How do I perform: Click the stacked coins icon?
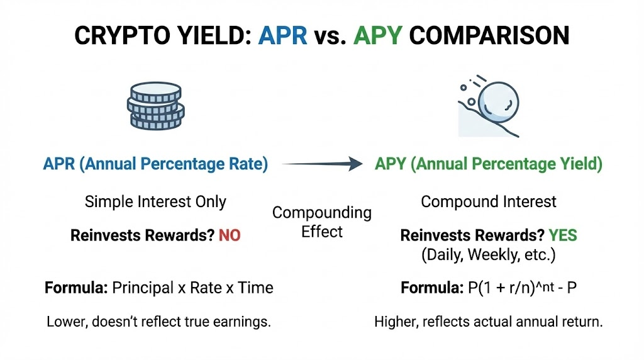(x=155, y=105)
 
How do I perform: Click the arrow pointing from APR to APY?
(x=322, y=164)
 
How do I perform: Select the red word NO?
(x=230, y=236)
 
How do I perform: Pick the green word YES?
(x=562, y=236)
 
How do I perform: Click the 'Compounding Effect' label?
(x=321, y=222)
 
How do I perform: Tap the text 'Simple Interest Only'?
(x=155, y=202)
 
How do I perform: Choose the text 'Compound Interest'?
(x=489, y=202)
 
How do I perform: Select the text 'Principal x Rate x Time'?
(x=192, y=288)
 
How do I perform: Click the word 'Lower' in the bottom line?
(x=65, y=322)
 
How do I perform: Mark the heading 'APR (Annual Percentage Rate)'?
(x=155, y=164)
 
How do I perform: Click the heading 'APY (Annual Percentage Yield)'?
(x=489, y=164)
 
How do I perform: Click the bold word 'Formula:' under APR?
(x=76, y=288)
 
